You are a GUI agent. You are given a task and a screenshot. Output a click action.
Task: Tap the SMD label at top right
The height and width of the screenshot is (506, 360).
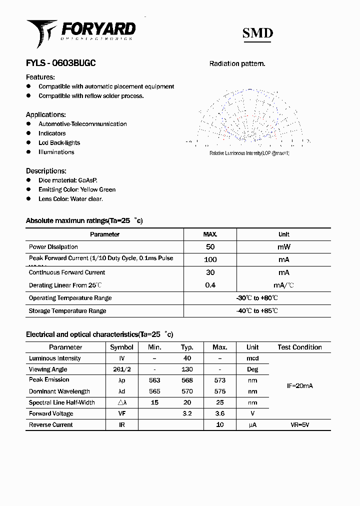pyautogui.click(x=257, y=33)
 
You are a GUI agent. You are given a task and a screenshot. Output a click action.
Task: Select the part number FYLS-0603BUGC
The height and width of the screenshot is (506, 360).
pyautogui.click(x=60, y=63)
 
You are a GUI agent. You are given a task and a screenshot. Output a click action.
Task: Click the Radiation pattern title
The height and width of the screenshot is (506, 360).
pyautogui.click(x=237, y=63)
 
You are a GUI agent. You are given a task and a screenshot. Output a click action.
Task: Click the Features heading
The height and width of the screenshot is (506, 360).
pyautogui.click(x=40, y=77)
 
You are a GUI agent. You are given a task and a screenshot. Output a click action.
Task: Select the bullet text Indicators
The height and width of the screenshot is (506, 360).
pyautogui.click(x=52, y=133)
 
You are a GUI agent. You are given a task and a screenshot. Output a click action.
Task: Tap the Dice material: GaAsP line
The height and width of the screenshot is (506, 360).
pyautogui.click(x=68, y=180)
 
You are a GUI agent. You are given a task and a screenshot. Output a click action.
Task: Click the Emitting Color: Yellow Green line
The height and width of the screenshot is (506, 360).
pyautogui.click(x=77, y=189)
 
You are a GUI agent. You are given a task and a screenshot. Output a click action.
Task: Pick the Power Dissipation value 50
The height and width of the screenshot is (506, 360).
pyautogui.click(x=210, y=247)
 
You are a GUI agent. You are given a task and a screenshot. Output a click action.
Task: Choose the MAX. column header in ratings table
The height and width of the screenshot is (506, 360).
pyautogui.click(x=210, y=234)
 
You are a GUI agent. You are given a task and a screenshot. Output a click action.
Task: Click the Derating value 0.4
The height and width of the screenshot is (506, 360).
pyautogui.click(x=210, y=285)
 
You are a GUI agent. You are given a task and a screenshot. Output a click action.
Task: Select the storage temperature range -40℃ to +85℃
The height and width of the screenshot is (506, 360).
pyautogui.click(x=257, y=311)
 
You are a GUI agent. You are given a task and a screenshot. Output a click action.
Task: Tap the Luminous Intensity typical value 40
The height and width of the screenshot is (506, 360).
pyautogui.click(x=187, y=358)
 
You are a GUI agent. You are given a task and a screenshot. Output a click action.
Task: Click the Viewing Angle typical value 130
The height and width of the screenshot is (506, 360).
pyautogui.click(x=187, y=369)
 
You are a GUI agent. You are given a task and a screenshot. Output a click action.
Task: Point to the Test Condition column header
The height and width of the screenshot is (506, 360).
pyautogui.click(x=299, y=347)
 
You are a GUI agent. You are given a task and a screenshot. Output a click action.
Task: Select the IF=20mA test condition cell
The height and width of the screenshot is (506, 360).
pyautogui.click(x=299, y=386)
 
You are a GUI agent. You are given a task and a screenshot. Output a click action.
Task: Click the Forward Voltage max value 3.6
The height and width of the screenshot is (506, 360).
pyautogui.click(x=219, y=413)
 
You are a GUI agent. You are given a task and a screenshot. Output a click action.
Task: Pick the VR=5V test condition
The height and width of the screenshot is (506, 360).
pyautogui.click(x=299, y=425)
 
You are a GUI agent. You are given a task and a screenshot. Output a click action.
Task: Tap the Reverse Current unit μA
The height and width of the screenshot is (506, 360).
pyautogui.click(x=252, y=425)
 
